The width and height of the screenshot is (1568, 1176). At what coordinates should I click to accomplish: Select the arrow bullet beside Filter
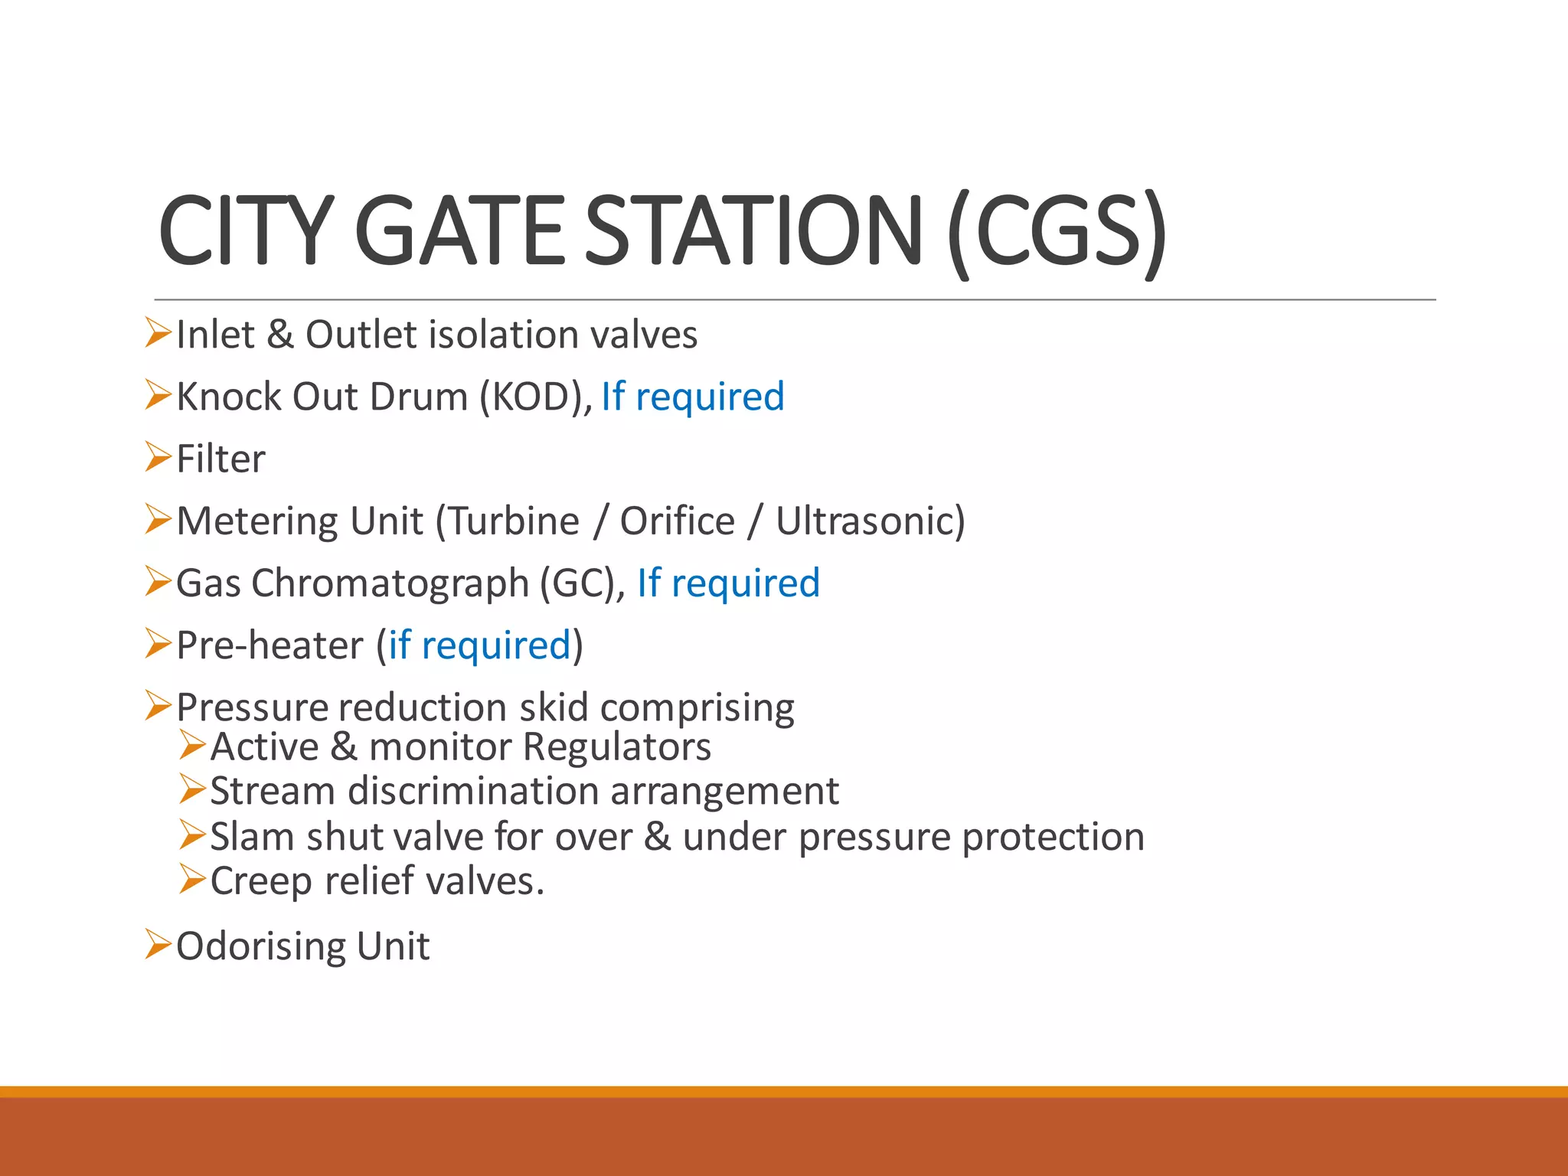158,457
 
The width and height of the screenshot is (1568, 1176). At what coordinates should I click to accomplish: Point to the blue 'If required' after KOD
693,397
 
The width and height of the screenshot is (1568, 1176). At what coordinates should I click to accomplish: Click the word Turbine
514,521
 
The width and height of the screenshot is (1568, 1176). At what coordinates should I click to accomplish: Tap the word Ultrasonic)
871,521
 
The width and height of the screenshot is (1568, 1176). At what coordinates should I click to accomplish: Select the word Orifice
677,521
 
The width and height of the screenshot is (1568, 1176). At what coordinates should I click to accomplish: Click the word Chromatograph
390,583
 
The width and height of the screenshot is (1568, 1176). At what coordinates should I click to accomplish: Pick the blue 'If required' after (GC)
728,583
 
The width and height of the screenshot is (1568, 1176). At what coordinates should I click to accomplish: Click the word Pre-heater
269,645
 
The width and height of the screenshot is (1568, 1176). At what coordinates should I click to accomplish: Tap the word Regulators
617,747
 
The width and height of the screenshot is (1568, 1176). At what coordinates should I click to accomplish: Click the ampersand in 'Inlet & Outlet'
280,335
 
